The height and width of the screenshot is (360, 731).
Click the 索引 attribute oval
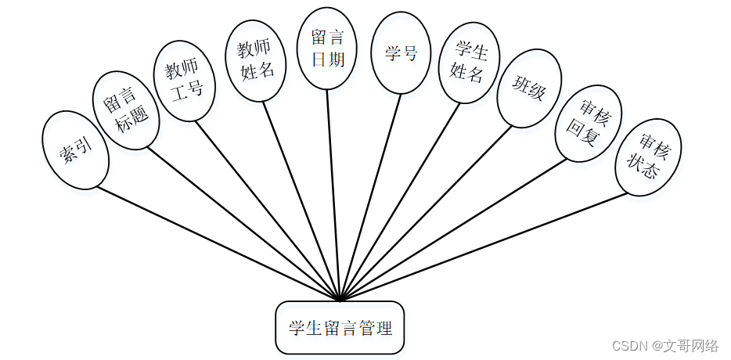pos(74,149)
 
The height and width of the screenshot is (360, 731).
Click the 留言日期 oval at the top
pos(327,49)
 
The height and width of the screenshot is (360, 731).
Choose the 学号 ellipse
pos(400,52)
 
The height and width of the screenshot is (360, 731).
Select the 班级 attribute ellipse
pos(529,88)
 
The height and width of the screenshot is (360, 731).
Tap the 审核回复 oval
pos(587,124)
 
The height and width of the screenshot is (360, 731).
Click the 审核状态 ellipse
pos(647,157)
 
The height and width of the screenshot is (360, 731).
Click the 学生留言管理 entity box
pos(340,327)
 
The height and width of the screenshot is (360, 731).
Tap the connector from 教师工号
pos(266,210)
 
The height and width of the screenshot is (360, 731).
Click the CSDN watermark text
pos(664,345)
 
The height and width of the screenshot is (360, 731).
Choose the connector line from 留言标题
pos(243,224)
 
